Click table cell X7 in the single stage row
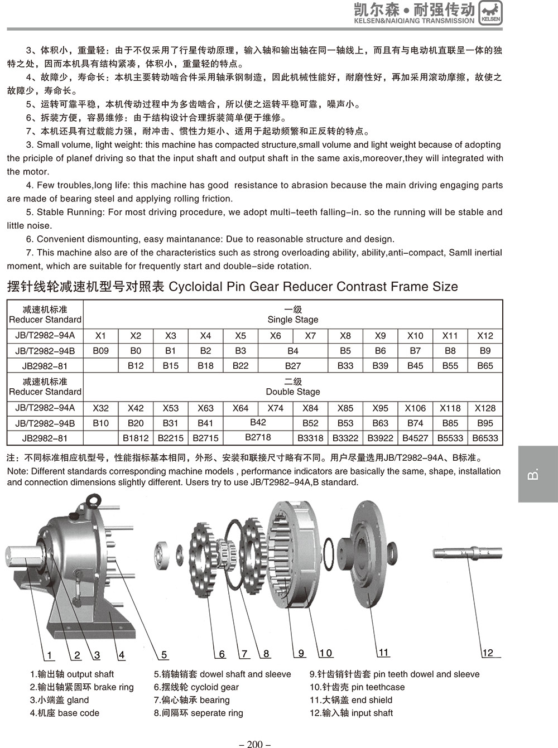click(310, 336)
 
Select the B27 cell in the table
click(293, 366)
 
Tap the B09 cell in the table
click(100, 351)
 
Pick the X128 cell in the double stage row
click(485, 408)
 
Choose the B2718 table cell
click(258, 437)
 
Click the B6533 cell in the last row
click(485, 438)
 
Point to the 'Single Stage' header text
click(293, 320)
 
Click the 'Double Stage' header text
click(293, 392)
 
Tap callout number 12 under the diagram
click(488, 653)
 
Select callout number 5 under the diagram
click(164, 655)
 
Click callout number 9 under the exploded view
click(301, 653)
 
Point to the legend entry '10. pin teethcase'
click(357, 687)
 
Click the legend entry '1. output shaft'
click(72, 674)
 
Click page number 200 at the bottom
click(254, 744)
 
